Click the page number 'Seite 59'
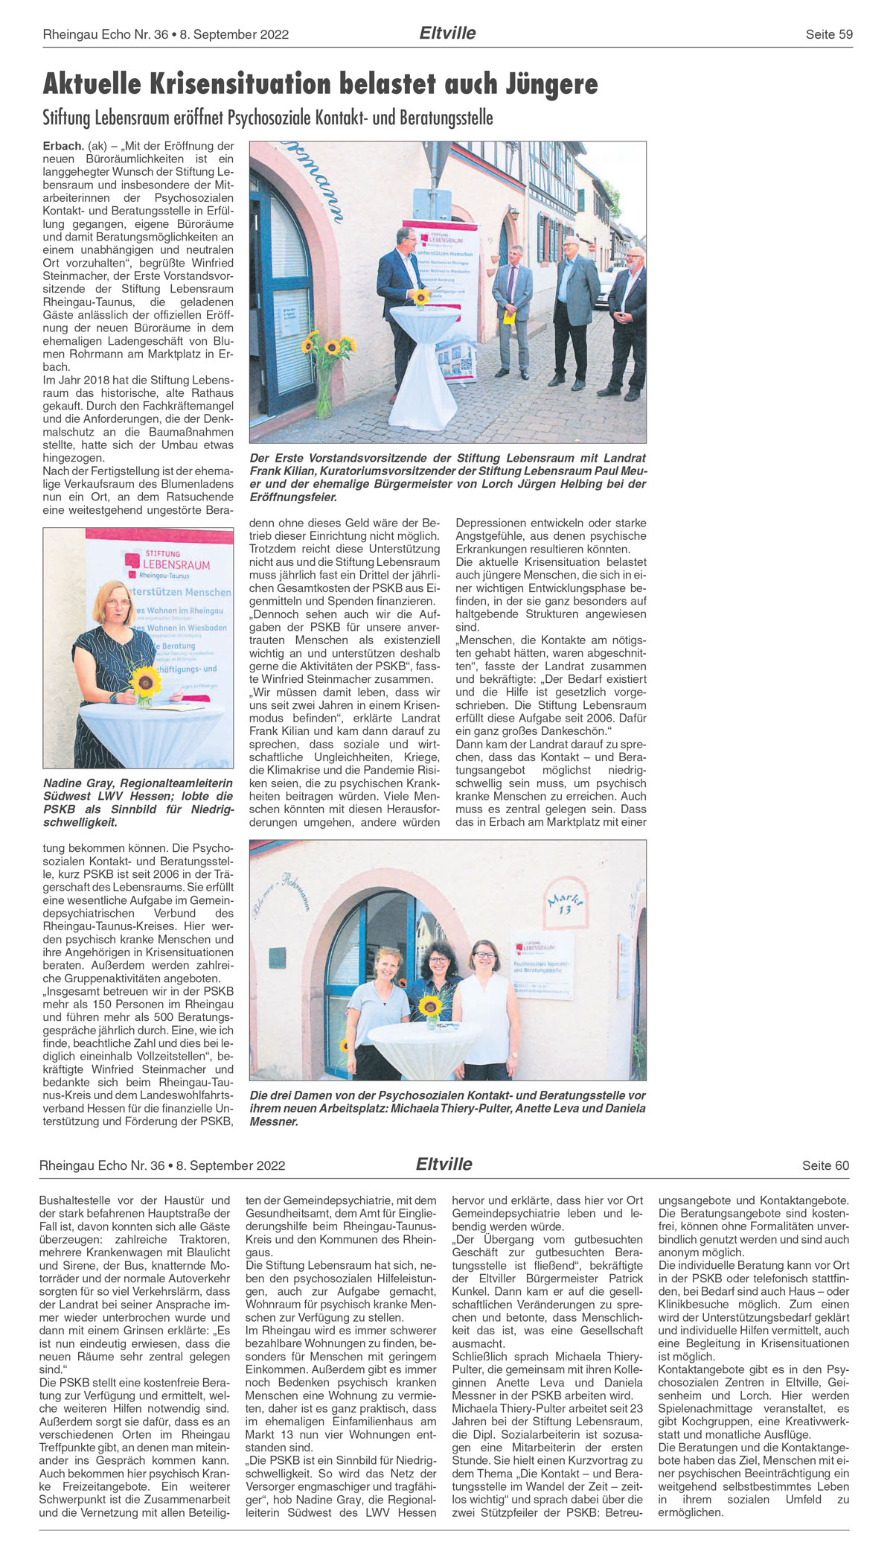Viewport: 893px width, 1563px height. point(829,34)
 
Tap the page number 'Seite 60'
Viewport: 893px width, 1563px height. point(825,1165)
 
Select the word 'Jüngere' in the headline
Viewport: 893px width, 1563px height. point(551,85)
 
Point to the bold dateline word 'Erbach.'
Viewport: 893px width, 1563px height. point(63,146)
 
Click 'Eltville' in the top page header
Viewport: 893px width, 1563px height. point(447,33)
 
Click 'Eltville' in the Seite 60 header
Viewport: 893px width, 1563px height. point(444,1164)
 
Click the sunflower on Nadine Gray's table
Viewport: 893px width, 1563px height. point(145,681)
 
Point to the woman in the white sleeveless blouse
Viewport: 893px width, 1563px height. point(481,1005)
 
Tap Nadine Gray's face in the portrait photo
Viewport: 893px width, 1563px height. point(114,602)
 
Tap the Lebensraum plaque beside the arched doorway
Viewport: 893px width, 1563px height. point(543,964)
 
